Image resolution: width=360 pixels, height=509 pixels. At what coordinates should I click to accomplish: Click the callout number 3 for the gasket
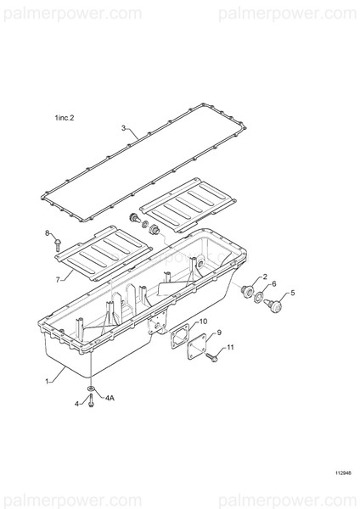pos(123,128)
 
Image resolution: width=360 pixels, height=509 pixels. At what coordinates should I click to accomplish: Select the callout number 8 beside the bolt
pos(47,232)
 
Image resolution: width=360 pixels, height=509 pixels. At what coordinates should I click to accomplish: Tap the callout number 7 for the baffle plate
pos(58,279)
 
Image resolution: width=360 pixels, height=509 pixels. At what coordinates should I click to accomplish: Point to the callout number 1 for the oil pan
pos(47,381)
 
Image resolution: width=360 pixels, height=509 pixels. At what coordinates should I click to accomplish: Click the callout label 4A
pos(110,398)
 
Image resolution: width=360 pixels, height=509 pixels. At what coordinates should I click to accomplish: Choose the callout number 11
pos(230,347)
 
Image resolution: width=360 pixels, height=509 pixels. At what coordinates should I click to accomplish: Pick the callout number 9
pos(219,333)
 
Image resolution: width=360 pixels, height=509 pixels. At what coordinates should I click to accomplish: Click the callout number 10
pos(203,322)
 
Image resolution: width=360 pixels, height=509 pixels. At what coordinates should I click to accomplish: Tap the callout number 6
pos(274,283)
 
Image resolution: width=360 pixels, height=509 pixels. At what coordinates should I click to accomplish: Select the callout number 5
pos(292,293)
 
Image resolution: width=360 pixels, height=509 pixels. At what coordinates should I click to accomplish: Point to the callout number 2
pos(265,277)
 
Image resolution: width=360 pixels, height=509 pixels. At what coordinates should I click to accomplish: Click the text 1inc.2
pos(65,118)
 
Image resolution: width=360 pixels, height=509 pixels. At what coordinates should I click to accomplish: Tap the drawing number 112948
pos(343,473)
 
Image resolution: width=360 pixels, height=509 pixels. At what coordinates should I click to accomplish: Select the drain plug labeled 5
pos(273,305)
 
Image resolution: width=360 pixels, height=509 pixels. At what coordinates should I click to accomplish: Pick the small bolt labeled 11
pos(211,357)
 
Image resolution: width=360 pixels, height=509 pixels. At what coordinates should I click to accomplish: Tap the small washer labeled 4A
pos(92,389)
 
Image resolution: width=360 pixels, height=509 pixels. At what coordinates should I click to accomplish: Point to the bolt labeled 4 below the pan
pos(92,401)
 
